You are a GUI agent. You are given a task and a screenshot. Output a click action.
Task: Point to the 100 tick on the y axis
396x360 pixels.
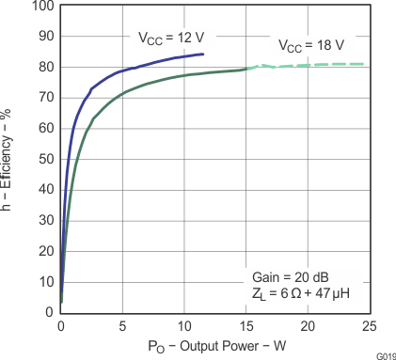tap(40, 6)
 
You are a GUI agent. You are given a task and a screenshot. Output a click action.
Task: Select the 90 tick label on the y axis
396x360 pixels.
tap(44, 37)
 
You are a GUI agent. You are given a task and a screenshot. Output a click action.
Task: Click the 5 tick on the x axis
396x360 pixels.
tap(123, 324)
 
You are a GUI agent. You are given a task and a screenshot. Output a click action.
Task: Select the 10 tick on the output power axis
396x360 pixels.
tap(184, 324)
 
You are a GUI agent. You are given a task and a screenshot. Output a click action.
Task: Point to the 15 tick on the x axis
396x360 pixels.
tap(246, 324)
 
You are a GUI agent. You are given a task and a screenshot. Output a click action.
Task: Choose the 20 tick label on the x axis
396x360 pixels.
tap(308, 324)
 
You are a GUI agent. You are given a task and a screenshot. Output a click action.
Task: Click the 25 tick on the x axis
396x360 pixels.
tap(368, 324)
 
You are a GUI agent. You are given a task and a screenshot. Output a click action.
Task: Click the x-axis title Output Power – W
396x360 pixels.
tap(215, 346)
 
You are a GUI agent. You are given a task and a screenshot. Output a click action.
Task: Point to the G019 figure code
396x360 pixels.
tap(385, 355)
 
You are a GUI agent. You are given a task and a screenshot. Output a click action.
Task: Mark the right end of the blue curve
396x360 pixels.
tap(202, 54)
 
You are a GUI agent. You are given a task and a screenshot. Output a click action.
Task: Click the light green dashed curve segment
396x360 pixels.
tap(310, 64)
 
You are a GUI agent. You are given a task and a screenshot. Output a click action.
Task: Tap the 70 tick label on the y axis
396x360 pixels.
tap(44, 98)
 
